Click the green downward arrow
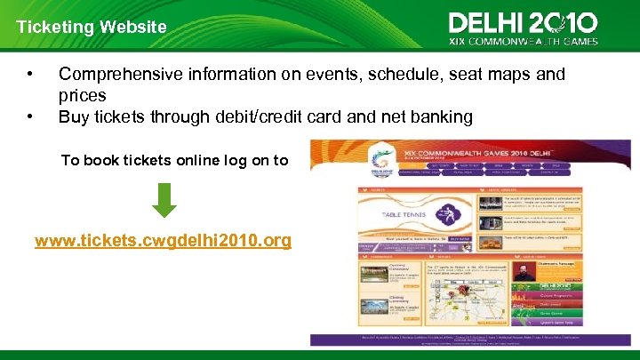164,199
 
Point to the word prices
83,95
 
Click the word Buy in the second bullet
75,116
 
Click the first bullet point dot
31,75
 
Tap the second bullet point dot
31,116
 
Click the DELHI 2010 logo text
523,22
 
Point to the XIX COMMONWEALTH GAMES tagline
523,40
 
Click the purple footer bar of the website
469,340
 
